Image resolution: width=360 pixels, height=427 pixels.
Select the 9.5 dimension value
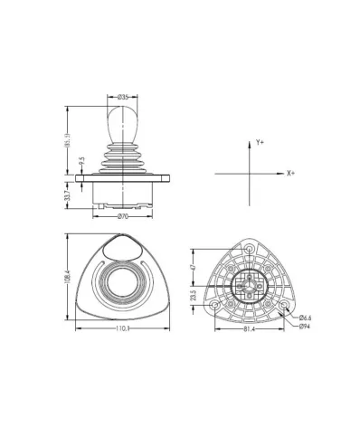(81, 161)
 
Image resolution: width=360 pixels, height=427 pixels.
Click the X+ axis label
(290, 172)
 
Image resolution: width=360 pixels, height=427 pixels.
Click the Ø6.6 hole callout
(305, 318)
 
